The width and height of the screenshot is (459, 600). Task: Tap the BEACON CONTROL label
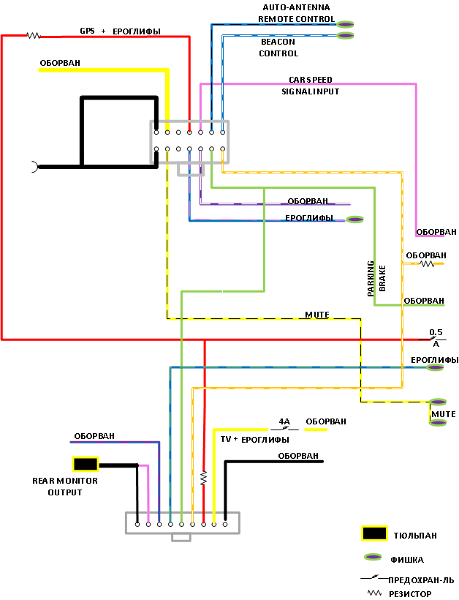[x=278, y=48]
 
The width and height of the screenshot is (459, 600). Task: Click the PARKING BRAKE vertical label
[x=376, y=277]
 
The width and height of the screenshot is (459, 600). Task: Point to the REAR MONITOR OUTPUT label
[x=65, y=487]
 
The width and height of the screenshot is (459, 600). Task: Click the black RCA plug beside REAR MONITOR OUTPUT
[x=86, y=464]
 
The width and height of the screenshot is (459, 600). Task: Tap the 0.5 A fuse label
[x=436, y=337]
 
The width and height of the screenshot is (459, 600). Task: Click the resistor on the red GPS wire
[x=32, y=35]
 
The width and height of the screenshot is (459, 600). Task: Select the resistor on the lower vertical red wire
[x=204, y=479]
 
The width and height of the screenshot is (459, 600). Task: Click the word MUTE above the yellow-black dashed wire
[x=316, y=315]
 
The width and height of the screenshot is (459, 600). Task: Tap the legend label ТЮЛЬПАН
[x=415, y=536]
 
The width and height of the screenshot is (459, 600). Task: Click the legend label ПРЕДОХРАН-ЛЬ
[x=426, y=580]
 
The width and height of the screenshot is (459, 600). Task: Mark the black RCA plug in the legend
[x=374, y=533]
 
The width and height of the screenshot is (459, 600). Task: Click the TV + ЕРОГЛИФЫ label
[x=254, y=439]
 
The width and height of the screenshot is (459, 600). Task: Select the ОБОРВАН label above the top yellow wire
[x=60, y=63]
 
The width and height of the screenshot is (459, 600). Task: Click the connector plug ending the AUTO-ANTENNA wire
[x=346, y=24]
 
